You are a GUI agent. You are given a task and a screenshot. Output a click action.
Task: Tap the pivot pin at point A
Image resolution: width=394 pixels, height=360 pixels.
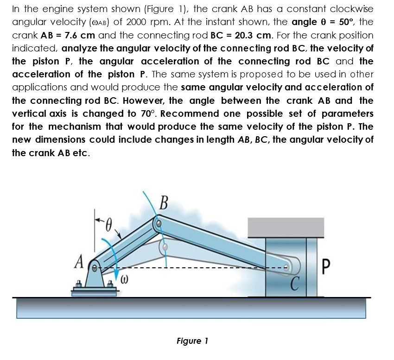point(94,267)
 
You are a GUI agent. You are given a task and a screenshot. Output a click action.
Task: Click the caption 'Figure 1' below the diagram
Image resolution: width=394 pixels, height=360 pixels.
point(192,341)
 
